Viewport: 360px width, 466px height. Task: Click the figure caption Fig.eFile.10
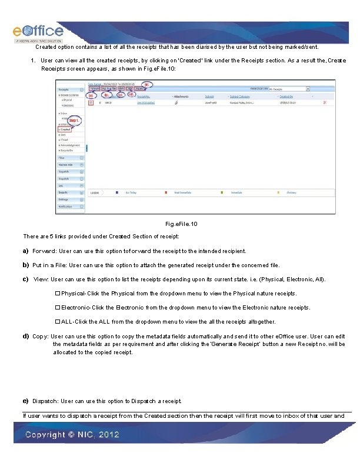[x=181, y=224]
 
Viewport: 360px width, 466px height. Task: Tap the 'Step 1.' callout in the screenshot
[x=74, y=121]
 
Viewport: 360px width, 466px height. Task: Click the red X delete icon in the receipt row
[x=325, y=102]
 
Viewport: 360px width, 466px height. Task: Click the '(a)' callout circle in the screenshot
[x=92, y=95]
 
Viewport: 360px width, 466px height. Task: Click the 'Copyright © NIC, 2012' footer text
[x=72, y=435]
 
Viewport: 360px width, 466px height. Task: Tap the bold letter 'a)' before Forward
[x=26, y=251]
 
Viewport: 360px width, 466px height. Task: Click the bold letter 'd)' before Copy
[x=26, y=336]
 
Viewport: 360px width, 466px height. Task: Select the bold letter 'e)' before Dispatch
[x=26, y=401]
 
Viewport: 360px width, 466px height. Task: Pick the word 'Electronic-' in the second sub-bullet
[x=75, y=307]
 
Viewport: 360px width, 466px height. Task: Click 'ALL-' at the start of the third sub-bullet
[x=68, y=322]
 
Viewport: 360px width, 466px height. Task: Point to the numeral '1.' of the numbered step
[x=34, y=61]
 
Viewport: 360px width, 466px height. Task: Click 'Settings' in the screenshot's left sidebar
[x=65, y=199]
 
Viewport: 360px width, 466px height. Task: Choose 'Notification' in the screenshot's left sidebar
[x=66, y=207]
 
